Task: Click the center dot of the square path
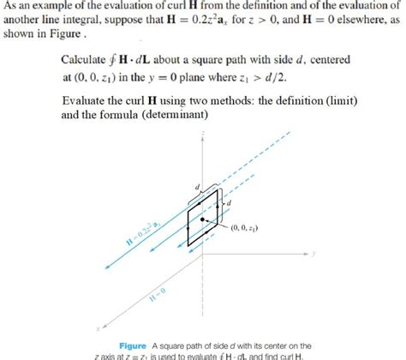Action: pyautogui.click(x=203, y=220)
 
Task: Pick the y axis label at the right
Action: pyautogui.click(x=315, y=254)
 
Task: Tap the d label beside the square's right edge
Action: pyautogui.click(x=229, y=202)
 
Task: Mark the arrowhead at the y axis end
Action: pyautogui.click(x=308, y=255)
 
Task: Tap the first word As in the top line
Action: pyautogui.click(x=10, y=5)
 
